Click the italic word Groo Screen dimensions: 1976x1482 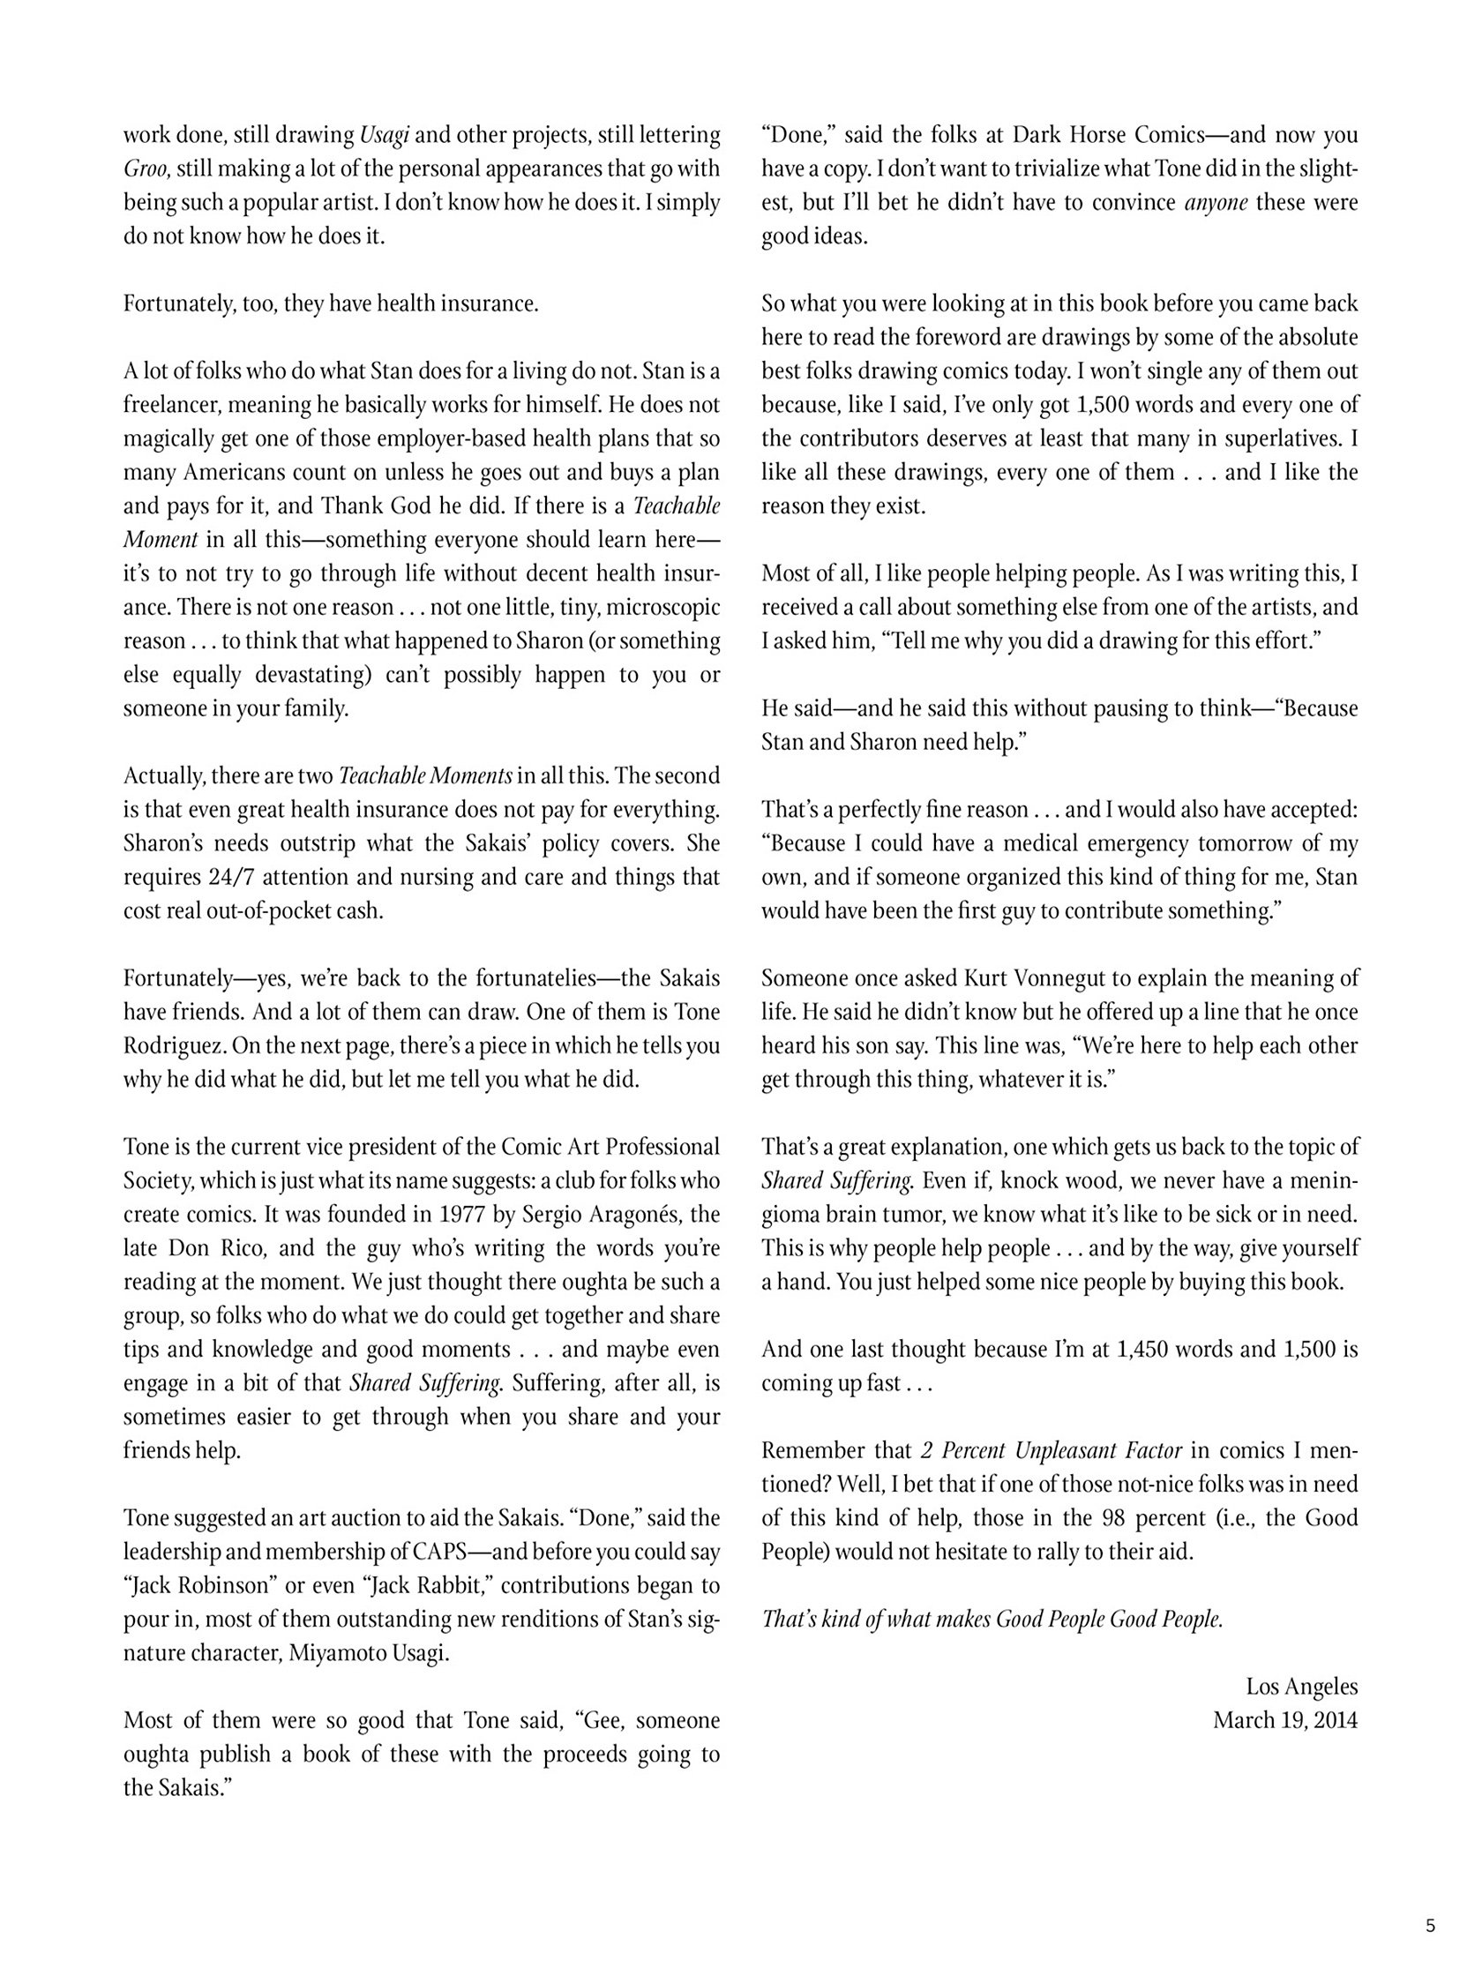point(146,168)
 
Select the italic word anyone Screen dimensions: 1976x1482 point(1216,203)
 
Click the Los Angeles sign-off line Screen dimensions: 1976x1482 point(1301,1687)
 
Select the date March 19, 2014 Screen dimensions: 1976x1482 point(1284,1720)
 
